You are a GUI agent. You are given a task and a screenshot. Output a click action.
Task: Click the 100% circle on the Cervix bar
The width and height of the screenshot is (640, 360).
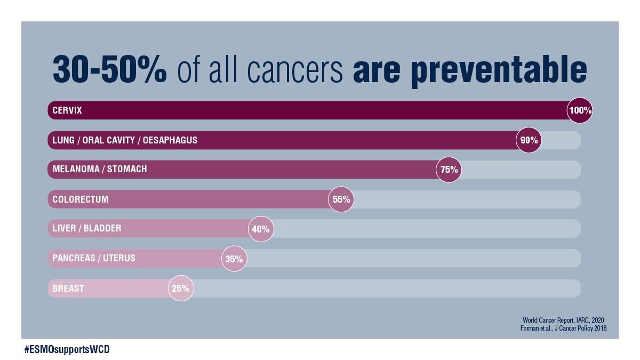580,110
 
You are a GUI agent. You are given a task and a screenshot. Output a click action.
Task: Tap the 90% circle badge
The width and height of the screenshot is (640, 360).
529,140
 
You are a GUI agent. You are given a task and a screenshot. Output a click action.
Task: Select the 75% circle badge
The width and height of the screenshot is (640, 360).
449,170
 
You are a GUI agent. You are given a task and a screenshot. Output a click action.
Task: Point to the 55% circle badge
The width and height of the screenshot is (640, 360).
341,199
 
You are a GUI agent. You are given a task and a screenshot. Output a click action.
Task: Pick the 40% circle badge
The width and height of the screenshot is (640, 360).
261,229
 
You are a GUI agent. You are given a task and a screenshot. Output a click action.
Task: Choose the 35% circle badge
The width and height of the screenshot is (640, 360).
234,259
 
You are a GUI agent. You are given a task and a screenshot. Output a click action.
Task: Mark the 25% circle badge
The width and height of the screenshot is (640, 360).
181,289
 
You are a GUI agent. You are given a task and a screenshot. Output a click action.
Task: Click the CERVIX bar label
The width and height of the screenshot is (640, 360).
67,110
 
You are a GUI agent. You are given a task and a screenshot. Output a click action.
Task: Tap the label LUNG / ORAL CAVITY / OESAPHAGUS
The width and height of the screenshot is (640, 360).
125,140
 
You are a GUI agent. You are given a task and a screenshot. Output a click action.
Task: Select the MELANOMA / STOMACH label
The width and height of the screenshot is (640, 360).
100,169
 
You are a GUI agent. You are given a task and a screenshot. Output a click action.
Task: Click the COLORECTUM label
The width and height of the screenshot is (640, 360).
81,199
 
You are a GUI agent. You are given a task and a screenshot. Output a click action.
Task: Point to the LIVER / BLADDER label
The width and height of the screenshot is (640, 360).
87,228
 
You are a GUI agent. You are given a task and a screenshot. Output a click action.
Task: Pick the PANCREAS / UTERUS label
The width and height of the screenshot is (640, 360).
94,258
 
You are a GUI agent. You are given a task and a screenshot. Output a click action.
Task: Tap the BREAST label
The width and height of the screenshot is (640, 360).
68,289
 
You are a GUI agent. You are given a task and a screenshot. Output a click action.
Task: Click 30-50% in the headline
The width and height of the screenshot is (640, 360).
110,69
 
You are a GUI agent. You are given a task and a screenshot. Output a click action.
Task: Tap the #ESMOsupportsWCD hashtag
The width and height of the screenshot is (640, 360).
67,350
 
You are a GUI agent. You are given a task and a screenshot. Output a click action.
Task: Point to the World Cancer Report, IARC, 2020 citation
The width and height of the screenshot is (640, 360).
563,320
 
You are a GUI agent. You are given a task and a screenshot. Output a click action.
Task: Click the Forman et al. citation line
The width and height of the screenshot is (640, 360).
563,329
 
